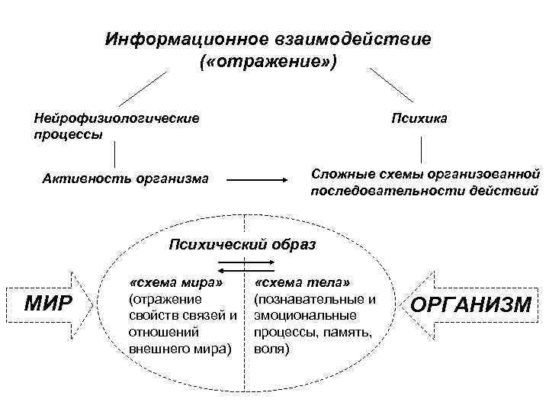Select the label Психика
pos(419,118)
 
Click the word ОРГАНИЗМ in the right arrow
pos(470,305)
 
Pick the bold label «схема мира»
pos(177,283)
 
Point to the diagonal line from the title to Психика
pos(390,85)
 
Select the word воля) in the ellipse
pos(272,349)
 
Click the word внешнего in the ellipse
pos(159,349)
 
